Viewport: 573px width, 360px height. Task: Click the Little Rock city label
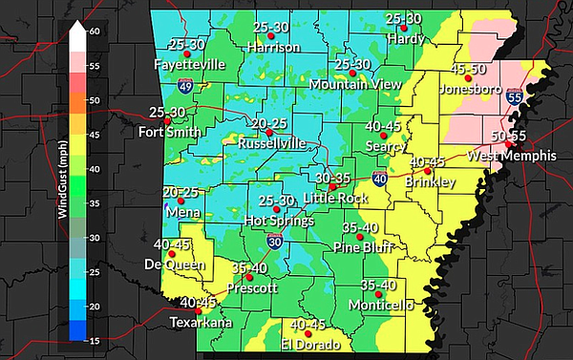335,198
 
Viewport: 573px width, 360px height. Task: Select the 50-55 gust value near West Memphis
509,138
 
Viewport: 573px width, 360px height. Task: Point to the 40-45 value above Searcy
387,126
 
